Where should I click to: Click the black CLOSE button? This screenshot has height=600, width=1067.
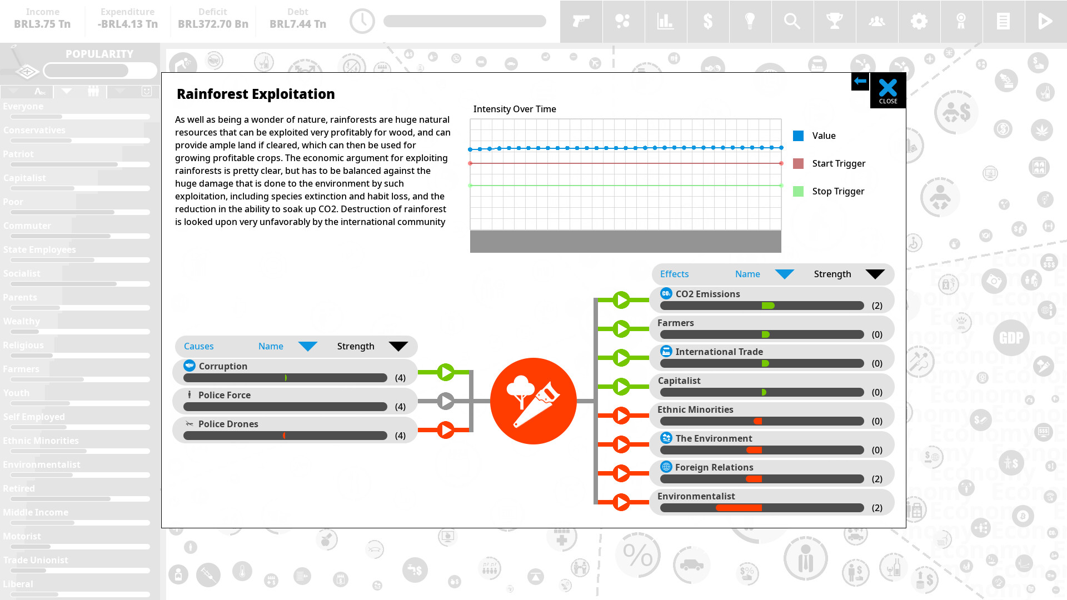(x=887, y=91)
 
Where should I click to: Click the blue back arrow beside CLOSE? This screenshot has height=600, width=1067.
(x=860, y=81)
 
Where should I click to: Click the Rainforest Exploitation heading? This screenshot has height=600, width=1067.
(x=256, y=94)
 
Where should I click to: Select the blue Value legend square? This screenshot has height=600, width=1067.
(x=798, y=136)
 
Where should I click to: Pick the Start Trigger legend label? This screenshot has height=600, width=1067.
(x=838, y=163)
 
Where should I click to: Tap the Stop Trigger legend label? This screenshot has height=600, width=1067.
(x=837, y=191)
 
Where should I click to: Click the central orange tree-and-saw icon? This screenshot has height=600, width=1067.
(x=533, y=401)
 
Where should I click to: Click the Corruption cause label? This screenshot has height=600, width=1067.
(x=223, y=366)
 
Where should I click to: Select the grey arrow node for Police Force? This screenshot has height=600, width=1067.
(x=446, y=401)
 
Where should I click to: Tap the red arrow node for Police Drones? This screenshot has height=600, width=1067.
(x=446, y=430)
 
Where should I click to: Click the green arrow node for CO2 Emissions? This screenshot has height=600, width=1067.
(x=621, y=300)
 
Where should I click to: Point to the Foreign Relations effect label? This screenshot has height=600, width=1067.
(x=714, y=467)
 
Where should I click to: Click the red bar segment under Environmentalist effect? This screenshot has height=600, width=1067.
(x=739, y=508)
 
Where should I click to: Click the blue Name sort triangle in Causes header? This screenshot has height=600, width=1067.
(x=307, y=346)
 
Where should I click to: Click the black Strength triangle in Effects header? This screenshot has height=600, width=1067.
(x=875, y=274)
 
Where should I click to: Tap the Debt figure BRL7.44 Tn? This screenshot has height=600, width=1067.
(x=297, y=24)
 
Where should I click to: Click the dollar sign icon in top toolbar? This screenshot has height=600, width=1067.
(x=707, y=21)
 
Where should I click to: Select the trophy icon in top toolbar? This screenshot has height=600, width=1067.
(x=834, y=21)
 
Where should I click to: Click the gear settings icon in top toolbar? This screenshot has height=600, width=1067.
(x=919, y=21)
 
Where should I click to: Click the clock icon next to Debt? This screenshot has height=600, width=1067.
(x=362, y=21)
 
